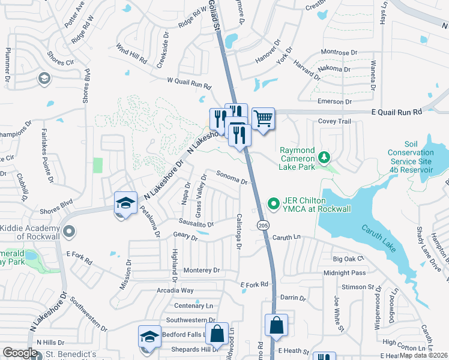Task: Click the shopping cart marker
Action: click(x=263, y=119)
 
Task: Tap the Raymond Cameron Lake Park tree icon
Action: click(x=324, y=157)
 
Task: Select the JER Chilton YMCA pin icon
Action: click(x=274, y=204)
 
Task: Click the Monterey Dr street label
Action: click(x=202, y=271)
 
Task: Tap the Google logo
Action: click(x=20, y=353)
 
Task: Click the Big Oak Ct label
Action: click(x=348, y=259)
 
